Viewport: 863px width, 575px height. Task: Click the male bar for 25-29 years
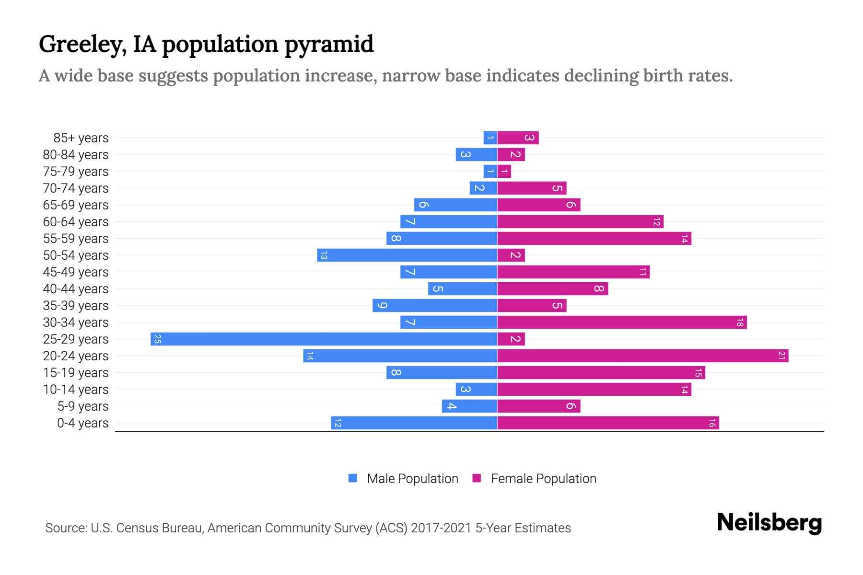[x=324, y=339]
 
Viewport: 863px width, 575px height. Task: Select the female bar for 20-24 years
[x=642, y=356]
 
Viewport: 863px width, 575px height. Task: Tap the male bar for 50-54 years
[x=408, y=255]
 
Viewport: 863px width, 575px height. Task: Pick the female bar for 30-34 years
[x=622, y=322]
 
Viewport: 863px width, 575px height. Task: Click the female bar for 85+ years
[x=518, y=138]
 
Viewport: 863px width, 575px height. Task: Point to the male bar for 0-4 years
[x=414, y=423]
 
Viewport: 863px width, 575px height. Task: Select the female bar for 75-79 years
[x=504, y=171]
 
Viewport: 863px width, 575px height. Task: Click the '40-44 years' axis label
[x=76, y=289]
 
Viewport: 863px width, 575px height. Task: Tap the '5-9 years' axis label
[x=83, y=406]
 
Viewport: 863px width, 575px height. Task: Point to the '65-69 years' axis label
[x=76, y=205]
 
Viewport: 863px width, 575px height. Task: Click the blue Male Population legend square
[x=353, y=478]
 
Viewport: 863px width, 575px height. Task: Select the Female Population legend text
[x=543, y=479]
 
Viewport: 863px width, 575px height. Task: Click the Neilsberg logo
[x=769, y=523]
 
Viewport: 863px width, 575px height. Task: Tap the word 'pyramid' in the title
[x=328, y=45]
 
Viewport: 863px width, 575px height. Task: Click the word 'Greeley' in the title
[x=82, y=45]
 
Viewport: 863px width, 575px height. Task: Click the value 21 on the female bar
[x=781, y=356]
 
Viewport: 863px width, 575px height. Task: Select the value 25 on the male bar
[x=157, y=339]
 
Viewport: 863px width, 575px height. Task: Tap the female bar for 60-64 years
[x=580, y=221]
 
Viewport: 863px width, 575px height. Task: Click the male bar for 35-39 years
[x=435, y=305]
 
